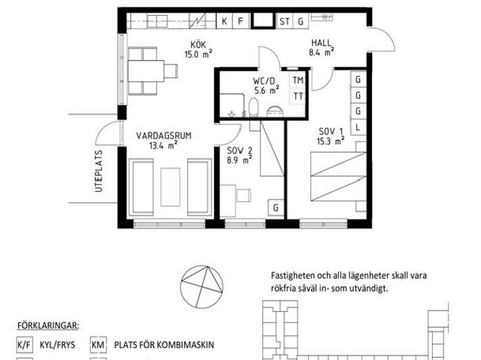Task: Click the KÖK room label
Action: point(198,43)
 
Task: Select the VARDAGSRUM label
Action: point(163,135)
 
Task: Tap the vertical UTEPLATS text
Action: point(98,172)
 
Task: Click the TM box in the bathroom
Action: point(298,80)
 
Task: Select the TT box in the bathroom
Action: point(298,95)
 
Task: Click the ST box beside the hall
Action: point(285,21)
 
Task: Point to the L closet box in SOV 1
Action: point(358,127)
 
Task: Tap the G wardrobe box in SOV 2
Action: point(276,207)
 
